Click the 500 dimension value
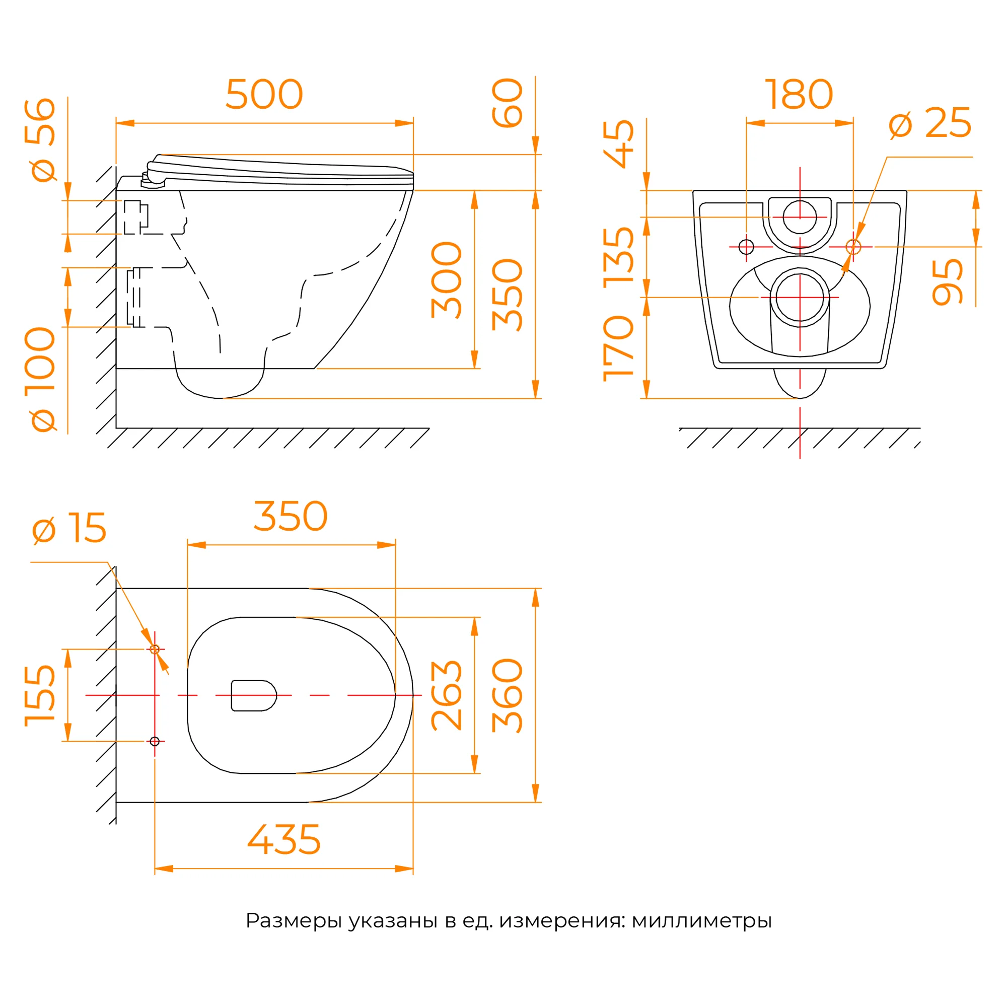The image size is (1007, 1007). click(x=264, y=94)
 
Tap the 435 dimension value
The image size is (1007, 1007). click(x=284, y=840)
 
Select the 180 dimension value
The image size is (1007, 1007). click(x=799, y=94)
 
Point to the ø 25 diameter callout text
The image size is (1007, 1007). click(x=930, y=123)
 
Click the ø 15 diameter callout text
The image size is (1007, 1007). click(x=69, y=528)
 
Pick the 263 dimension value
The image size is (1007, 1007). click(x=447, y=695)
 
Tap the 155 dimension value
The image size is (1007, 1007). click(x=40, y=695)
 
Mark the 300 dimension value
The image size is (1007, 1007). click(x=447, y=280)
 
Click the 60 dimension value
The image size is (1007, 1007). click(x=507, y=103)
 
